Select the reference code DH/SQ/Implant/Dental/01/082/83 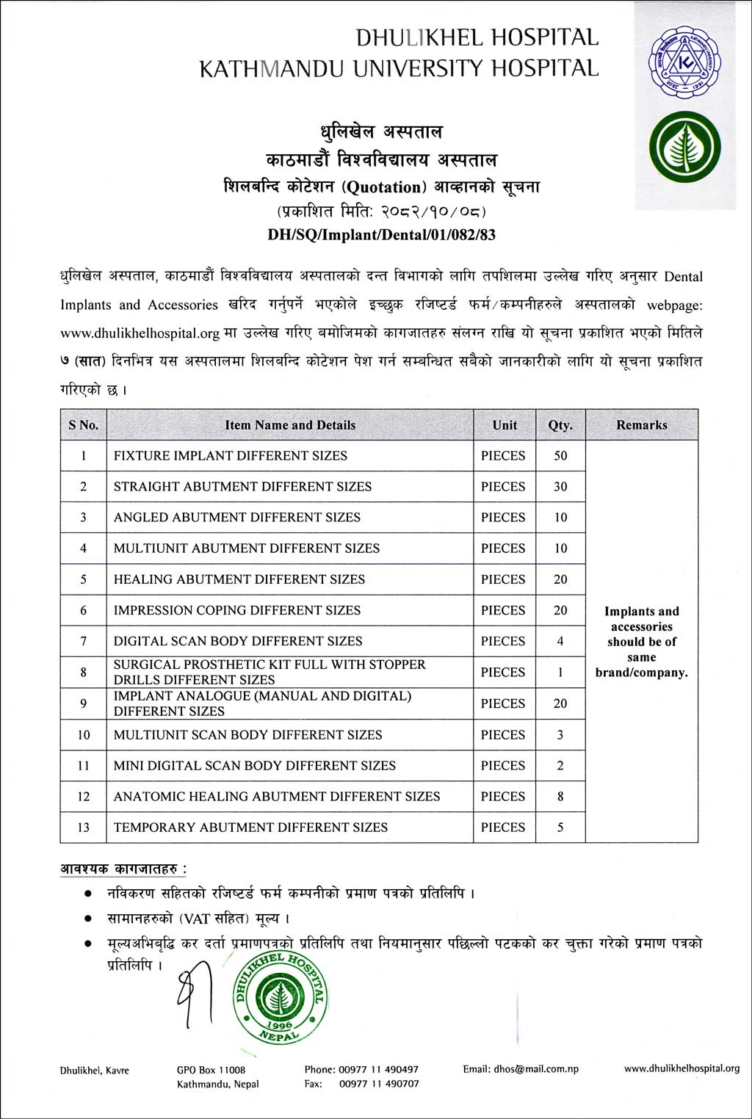(381, 235)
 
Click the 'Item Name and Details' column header (290, 425)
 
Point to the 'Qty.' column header (560, 425)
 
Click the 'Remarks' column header (642, 425)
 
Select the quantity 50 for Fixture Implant (560, 456)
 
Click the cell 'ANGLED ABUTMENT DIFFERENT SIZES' (237, 518)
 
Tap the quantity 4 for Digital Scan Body (560, 641)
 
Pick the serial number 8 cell (84, 672)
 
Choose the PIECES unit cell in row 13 (503, 828)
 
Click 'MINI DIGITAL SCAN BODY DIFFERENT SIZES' (254, 766)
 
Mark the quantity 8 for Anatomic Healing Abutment (560, 797)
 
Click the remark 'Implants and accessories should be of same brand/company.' (642, 642)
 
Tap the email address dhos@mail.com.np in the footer (521, 1069)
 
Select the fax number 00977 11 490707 (379, 1084)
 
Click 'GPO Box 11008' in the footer (211, 1071)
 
